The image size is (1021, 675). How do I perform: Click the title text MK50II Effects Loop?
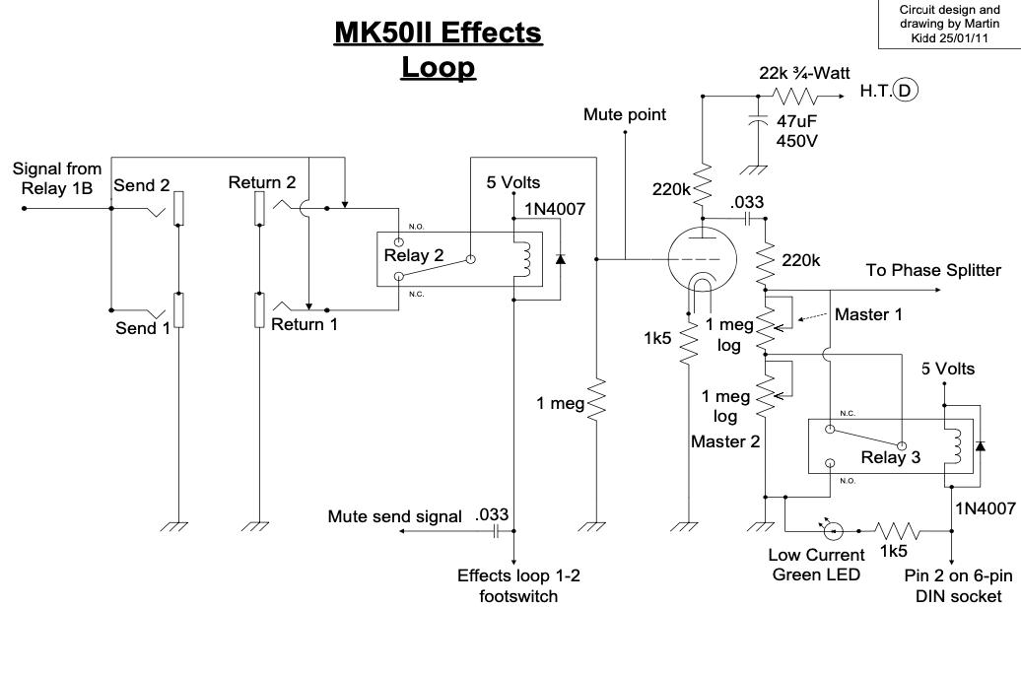pyautogui.click(x=439, y=50)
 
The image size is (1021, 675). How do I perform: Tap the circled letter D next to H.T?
pyautogui.click(x=907, y=92)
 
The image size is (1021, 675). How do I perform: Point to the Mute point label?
pyautogui.click(x=624, y=114)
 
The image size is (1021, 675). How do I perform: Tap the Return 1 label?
pyautogui.click(x=305, y=323)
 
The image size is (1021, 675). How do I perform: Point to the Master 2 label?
pyautogui.click(x=725, y=441)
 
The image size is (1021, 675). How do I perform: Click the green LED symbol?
pyautogui.click(x=833, y=531)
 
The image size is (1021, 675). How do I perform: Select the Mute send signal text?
pyautogui.click(x=394, y=516)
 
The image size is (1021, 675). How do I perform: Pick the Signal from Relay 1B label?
pyautogui.click(x=56, y=178)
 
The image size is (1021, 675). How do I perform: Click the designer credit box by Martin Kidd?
pyautogui.click(x=950, y=23)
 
